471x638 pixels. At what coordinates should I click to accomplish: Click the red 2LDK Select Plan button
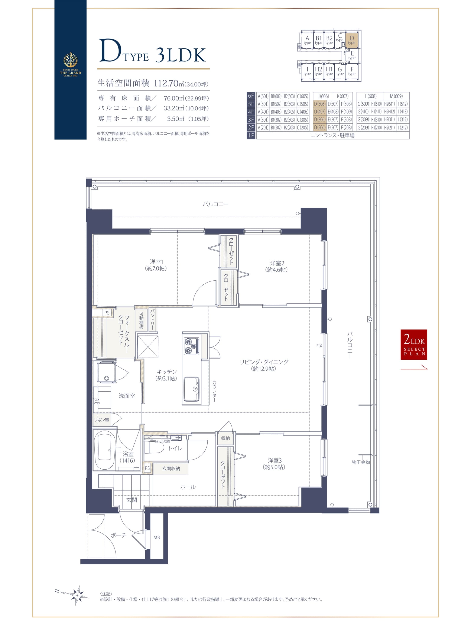click(x=414, y=345)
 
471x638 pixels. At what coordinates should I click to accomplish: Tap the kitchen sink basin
click(x=191, y=389)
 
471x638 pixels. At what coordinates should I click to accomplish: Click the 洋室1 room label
click(x=156, y=265)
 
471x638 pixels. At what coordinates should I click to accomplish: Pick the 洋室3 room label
click(x=274, y=464)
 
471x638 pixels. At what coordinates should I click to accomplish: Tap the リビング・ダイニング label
click(x=264, y=365)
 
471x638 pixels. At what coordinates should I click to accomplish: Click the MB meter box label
click(x=156, y=538)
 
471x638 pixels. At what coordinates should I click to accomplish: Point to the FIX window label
click(x=319, y=346)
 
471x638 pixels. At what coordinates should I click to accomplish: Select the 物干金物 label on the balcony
click(x=361, y=462)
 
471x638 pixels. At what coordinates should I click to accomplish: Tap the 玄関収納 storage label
click(x=171, y=468)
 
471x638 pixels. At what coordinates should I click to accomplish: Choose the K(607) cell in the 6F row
click(x=342, y=96)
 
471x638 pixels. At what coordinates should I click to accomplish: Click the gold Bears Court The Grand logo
click(x=70, y=64)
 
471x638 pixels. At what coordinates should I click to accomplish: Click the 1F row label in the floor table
click(x=251, y=135)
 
